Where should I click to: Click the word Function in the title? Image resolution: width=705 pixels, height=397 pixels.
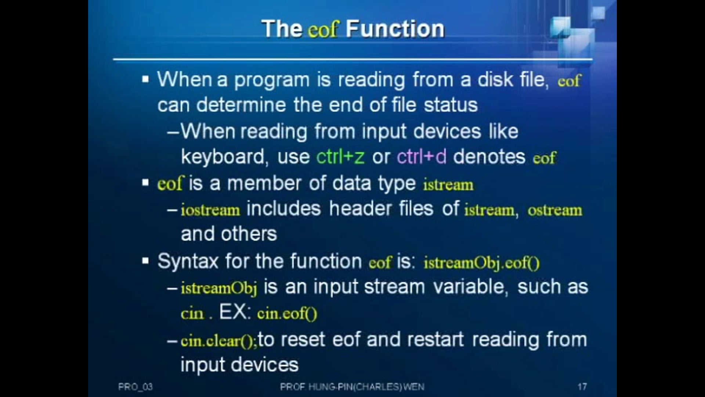(x=395, y=29)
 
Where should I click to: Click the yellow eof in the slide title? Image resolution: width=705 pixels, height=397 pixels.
(x=323, y=29)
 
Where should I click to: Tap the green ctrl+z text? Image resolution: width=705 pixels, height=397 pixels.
(x=340, y=157)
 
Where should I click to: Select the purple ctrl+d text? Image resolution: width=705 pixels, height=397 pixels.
(x=422, y=157)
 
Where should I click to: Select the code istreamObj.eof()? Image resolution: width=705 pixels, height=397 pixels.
(x=482, y=263)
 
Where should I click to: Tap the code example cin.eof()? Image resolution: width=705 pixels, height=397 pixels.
(x=287, y=314)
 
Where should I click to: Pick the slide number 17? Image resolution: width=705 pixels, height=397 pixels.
(x=582, y=387)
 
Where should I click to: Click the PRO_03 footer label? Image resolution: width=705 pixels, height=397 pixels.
(x=135, y=387)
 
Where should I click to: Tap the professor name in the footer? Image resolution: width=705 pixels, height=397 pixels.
(x=352, y=387)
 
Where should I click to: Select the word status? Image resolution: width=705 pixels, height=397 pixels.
(x=451, y=105)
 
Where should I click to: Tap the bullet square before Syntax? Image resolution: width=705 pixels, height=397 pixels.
(x=146, y=261)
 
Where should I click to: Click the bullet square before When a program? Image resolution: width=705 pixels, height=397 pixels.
(x=146, y=79)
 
